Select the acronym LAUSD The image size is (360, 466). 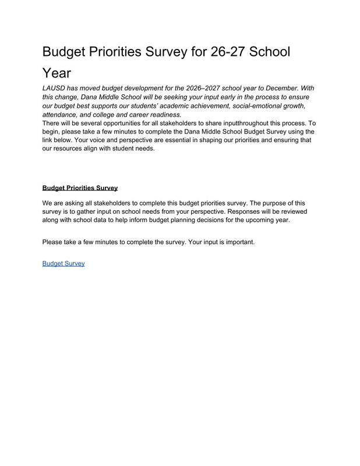coord(55,87)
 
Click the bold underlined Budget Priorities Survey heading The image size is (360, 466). coord(80,188)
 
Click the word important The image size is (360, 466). coord(237,242)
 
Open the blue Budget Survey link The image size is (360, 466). coord(63,263)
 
